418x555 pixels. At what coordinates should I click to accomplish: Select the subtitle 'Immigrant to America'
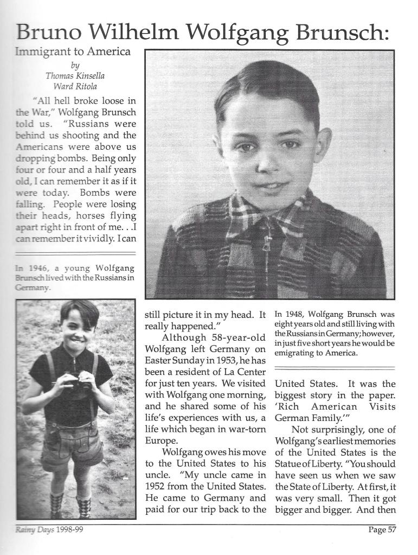pos(74,52)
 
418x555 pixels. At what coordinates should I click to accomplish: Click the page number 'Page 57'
pos(382,530)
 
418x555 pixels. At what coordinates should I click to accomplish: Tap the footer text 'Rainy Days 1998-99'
pos(48,530)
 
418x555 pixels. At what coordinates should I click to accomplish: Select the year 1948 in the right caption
pos(297,314)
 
